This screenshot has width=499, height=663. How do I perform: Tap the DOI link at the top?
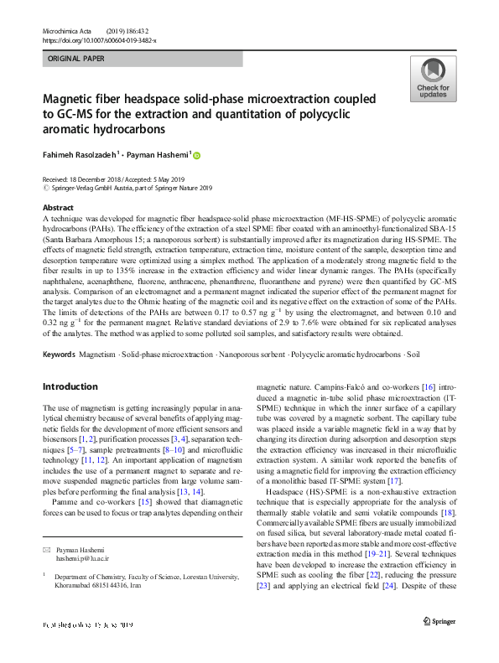[99, 40]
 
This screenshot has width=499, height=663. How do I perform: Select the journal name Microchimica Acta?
[68, 31]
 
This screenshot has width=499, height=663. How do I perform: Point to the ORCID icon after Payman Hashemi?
[197, 154]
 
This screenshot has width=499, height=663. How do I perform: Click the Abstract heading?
[57, 207]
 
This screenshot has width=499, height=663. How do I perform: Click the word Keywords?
[59, 355]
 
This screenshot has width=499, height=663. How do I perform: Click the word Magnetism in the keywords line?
[98, 355]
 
